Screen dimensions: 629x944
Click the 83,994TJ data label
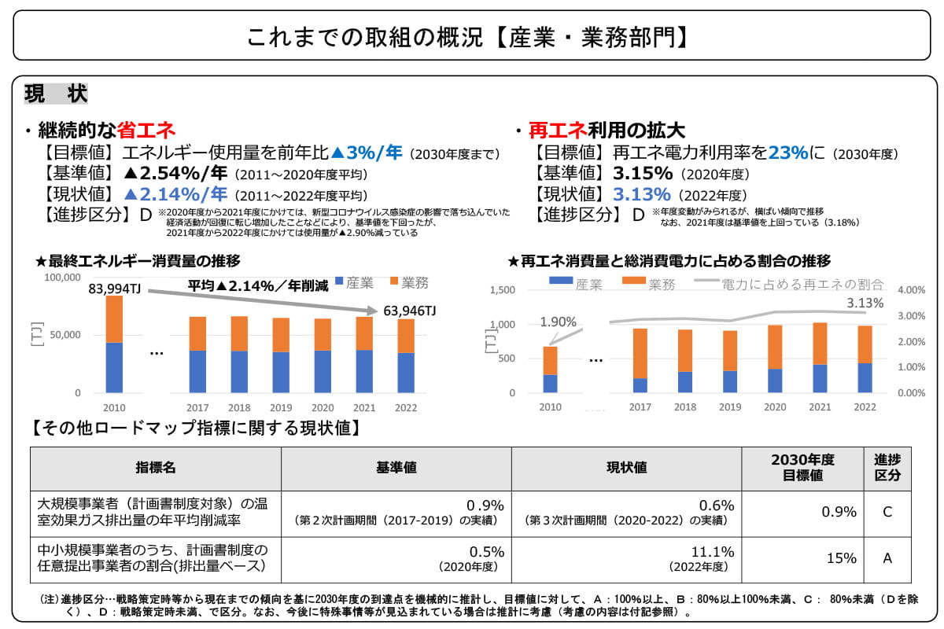pos(115,289)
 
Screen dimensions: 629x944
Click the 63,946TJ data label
pos(409,311)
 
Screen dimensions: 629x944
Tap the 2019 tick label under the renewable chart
pos(730,406)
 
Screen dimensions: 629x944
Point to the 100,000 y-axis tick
pos(62,278)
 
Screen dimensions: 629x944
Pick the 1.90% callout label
pos(559,322)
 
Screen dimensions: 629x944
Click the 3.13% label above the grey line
pos(865,303)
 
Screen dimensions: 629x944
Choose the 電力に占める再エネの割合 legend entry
pos(802,285)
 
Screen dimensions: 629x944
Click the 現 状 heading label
pos(56,93)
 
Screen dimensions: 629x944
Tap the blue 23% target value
pos(784,153)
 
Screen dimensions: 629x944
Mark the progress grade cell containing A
pos(887,558)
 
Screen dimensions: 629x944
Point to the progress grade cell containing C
pos(887,512)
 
